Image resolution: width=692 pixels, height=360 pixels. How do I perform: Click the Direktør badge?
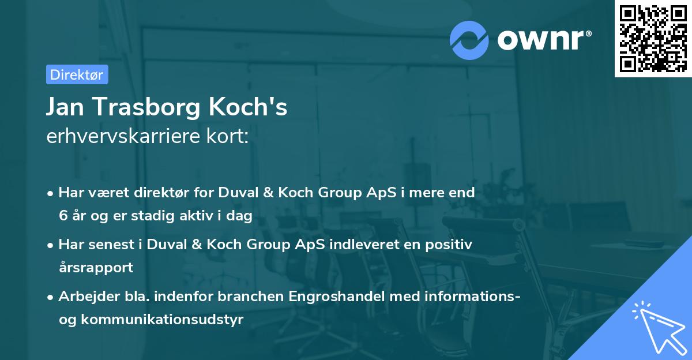[x=77, y=74]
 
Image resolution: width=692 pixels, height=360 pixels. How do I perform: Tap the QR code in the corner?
[x=652, y=38]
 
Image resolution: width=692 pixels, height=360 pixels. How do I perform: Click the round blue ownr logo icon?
[x=468, y=39]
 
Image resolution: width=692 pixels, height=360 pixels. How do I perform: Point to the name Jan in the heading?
[x=65, y=107]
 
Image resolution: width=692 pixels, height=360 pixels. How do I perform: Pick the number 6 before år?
[x=63, y=215]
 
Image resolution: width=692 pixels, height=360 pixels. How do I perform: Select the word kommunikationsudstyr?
[x=163, y=319]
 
